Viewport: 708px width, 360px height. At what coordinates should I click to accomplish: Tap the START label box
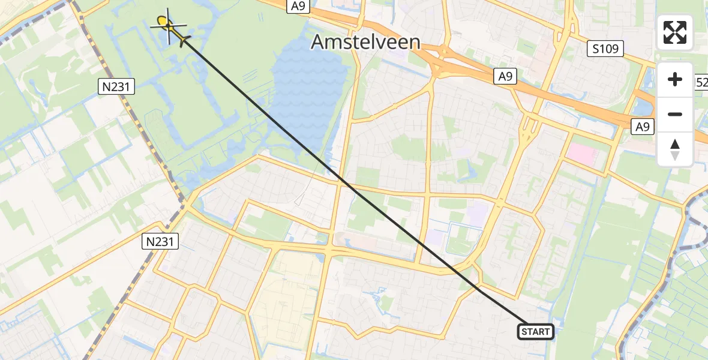coord(535,332)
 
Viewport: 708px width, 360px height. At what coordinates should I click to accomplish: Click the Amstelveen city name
coord(366,43)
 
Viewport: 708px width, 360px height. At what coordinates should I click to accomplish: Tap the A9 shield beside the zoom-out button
coord(643,126)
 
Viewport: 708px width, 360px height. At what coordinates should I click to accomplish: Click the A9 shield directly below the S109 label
coord(504,76)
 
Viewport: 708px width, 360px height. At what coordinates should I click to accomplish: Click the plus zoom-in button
coord(675,80)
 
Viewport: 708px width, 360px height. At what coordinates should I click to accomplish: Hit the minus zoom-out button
coord(675,114)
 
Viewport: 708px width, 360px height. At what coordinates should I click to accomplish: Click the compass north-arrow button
coord(675,149)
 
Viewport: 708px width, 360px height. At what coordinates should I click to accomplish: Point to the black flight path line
coord(336,180)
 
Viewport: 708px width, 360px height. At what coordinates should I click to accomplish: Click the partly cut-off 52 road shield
coord(701,82)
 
